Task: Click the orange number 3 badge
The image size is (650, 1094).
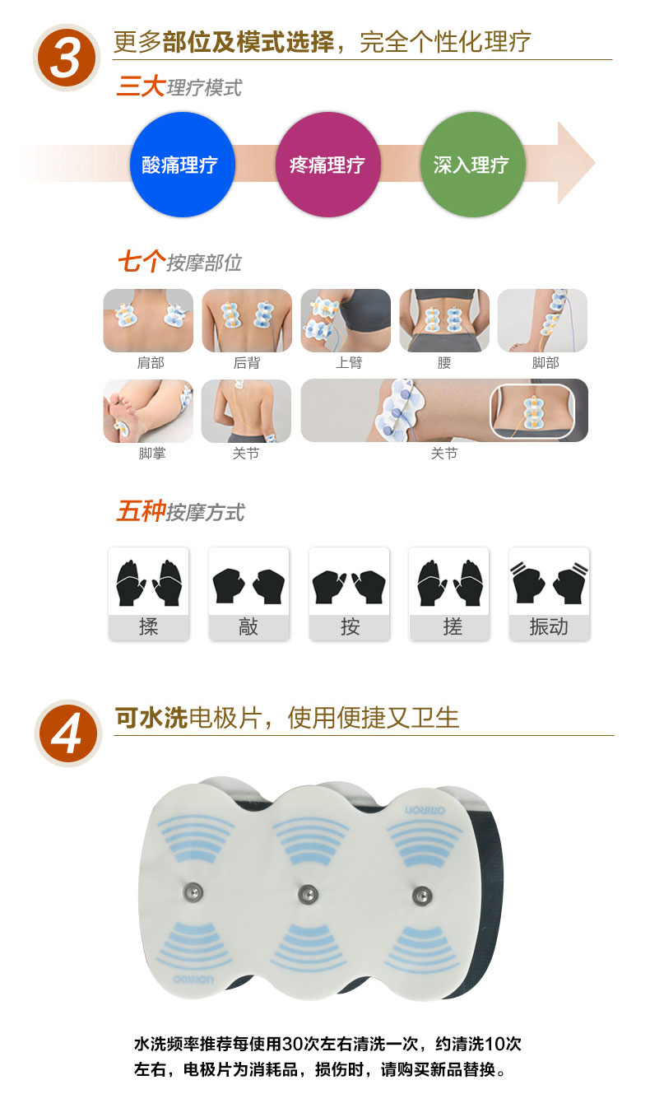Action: point(66,58)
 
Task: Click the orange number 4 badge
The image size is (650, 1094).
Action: point(67,733)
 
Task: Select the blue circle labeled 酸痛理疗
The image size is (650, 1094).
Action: point(182,165)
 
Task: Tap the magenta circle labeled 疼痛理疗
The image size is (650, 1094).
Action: point(327,165)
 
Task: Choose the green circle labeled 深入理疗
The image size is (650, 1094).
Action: point(472,165)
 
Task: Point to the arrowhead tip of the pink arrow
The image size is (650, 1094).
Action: point(595,163)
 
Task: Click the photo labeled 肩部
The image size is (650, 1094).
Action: point(148,320)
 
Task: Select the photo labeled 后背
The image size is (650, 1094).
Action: point(247,320)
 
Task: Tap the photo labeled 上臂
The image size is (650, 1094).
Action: point(346,320)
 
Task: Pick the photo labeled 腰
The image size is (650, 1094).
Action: point(444,320)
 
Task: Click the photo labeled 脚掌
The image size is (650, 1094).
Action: point(148,412)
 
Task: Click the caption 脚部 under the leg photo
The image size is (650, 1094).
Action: point(545,363)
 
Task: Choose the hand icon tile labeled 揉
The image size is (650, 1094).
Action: point(149,594)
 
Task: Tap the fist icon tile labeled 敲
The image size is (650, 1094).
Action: point(248,594)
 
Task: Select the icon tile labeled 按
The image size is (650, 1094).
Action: point(350,594)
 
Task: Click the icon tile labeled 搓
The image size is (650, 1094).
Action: point(449,594)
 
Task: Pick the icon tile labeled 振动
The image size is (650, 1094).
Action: point(550,594)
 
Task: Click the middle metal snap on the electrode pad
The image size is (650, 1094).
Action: point(309,895)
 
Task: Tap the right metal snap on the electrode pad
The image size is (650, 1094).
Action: point(422,896)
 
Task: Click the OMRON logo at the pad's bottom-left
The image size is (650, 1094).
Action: point(193,980)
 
